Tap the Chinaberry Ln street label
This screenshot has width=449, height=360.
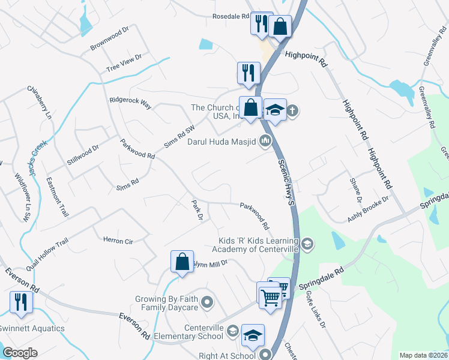coord(40,102)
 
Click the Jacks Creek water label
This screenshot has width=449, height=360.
coord(37,155)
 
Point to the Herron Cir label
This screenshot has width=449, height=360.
coord(118,241)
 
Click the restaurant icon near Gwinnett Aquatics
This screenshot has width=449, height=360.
coord(22,302)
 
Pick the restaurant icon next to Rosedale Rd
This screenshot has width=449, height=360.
coord(261,23)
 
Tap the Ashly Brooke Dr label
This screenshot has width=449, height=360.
coord(368,209)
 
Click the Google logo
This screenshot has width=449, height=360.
coord(20,353)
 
